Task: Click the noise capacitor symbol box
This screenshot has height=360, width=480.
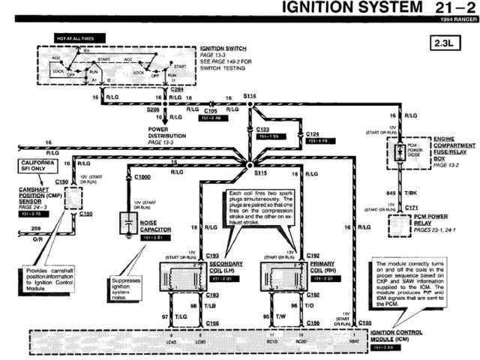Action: click(x=129, y=223)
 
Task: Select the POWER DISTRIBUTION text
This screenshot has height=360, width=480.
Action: click(x=169, y=132)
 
